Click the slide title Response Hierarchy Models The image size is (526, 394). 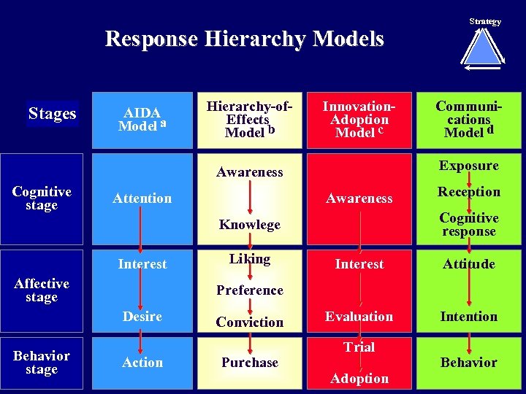coord(244,39)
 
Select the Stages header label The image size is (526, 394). coord(53,114)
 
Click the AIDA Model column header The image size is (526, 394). coord(142,119)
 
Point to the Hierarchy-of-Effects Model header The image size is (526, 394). coord(250,120)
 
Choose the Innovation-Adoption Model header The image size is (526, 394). coord(359,120)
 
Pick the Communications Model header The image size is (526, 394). coord(468,120)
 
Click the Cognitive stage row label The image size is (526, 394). coord(42,198)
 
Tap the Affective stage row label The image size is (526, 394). coord(42,290)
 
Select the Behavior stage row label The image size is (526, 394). coord(42,363)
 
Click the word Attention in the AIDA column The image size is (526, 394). coord(142,198)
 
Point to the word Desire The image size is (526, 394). coord(142,317)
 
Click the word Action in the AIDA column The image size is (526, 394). coord(142,363)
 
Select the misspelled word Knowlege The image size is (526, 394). coord(250,225)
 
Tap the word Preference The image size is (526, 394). coord(250,290)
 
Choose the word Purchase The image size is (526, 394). coord(250,363)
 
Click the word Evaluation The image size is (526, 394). coord(359,317)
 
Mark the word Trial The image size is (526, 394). coord(359,347)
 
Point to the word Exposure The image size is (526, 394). coord(468,166)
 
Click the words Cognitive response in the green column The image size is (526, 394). coord(468,225)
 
